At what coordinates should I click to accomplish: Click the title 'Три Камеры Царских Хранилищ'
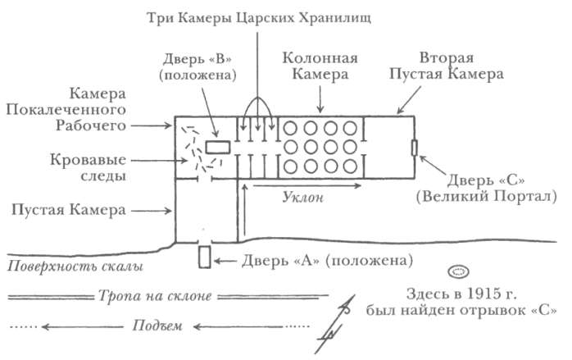coord(259,18)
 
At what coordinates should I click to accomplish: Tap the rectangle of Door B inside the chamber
coord(218,148)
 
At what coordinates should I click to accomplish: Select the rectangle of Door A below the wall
coord(205,257)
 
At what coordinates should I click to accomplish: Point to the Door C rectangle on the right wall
coord(415,148)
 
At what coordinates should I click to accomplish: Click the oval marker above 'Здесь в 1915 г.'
coord(459,272)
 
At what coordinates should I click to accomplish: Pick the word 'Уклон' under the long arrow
coord(302,197)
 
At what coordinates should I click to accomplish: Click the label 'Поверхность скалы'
coord(75,267)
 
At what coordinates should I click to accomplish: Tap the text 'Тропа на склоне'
coord(155,296)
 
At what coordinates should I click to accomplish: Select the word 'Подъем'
coord(157,326)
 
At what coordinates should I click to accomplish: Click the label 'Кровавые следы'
coord(89,167)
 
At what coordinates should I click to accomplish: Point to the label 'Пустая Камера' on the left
coord(69,210)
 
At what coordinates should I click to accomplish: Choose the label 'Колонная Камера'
coord(320,66)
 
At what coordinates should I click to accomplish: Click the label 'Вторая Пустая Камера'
coord(446,66)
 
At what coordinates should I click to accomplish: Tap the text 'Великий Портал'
coord(487,197)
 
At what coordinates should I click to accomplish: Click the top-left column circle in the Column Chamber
coord(290,128)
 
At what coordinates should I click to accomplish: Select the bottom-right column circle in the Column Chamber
coord(350,166)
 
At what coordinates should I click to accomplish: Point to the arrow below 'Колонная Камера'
coord(320,99)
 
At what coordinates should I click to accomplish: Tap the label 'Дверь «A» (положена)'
coord(327,261)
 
